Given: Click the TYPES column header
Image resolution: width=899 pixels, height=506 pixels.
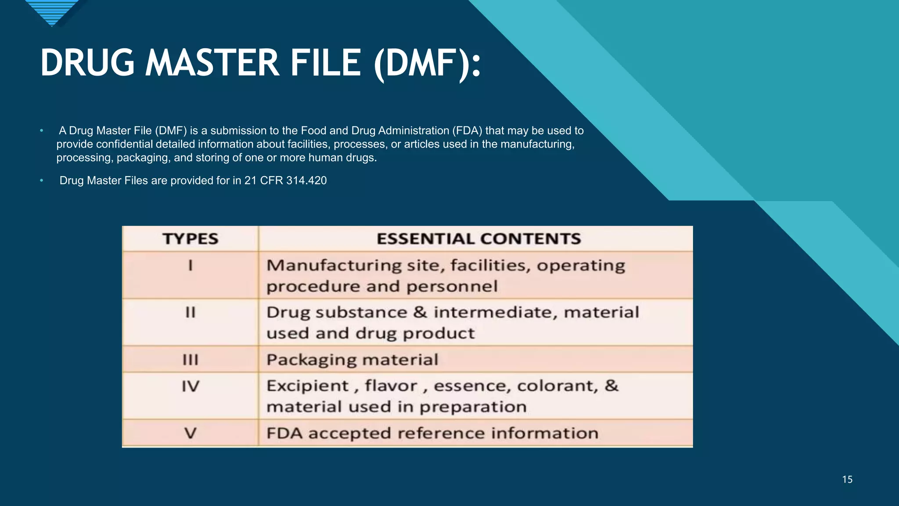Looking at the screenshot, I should pyautogui.click(x=191, y=239).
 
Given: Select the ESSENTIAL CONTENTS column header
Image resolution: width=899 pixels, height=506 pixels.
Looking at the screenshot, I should pyautogui.click(x=478, y=239).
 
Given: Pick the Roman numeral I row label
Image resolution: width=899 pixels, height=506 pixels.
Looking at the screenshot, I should pyautogui.click(x=191, y=266).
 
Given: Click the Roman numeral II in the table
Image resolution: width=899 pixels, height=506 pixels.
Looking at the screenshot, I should pyautogui.click(x=191, y=313).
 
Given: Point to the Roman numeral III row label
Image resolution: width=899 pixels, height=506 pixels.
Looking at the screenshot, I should pyautogui.click(x=191, y=360).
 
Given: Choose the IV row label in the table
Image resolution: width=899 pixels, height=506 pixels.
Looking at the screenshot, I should pyautogui.click(x=191, y=387).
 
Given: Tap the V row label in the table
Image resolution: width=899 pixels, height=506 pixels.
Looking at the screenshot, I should pyautogui.click(x=191, y=434).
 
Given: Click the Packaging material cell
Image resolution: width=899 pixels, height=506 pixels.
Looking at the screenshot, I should pyautogui.click(x=352, y=360).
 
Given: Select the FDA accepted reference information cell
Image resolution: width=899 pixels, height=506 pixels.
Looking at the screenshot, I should pyautogui.click(x=432, y=434).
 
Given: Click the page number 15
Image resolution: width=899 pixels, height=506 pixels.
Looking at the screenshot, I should pyautogui.click(x=847, y=480).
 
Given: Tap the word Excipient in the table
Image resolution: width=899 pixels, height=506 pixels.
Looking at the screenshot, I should pyautogui.click(x=307, y=386).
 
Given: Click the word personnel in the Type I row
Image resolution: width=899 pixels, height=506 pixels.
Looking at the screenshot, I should pyautogui.click(x=452, y=287).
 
